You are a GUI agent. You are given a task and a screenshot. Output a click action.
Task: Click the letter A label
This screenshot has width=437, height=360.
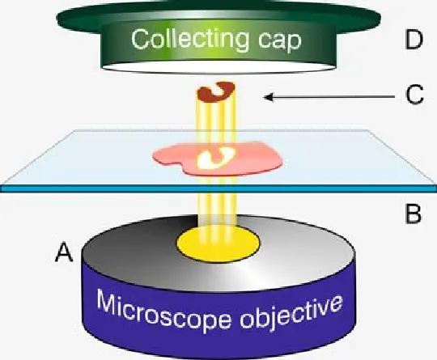click(65, 252)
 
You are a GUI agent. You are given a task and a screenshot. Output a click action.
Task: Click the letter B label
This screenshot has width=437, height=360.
click(413, 214)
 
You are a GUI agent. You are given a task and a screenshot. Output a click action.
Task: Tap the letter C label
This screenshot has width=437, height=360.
click(414, 95)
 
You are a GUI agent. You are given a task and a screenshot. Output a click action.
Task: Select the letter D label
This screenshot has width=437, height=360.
click(414, 40)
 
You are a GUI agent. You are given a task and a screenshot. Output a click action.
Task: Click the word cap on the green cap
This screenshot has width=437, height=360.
click(279, 41)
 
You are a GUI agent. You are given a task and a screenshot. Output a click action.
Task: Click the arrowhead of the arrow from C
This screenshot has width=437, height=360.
click(268, 97)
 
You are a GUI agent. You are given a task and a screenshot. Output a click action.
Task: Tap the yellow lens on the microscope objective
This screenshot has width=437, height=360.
click(218, 244)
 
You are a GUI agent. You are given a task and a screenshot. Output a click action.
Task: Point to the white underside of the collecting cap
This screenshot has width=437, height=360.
click(218, 67)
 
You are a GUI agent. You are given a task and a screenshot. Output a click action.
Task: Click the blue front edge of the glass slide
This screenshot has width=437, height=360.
click(218, 188)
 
